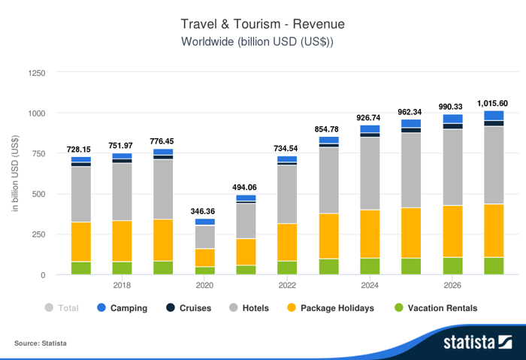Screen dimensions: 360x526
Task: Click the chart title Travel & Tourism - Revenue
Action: click(x=262, y=24)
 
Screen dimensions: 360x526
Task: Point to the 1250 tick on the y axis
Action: click(x=36, y=73)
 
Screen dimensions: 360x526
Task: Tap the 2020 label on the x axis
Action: click(x=204, y=286)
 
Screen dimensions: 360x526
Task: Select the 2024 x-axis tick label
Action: click(x=370, y=286)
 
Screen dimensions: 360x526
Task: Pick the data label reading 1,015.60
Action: click(x=493, y=104)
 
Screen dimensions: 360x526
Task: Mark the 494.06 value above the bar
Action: click(x=246, y=188)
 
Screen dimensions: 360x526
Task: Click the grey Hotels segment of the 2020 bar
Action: click(x=204, y=237)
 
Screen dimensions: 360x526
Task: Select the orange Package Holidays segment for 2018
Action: click(x=122, y=241)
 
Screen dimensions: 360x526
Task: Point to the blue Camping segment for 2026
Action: click(x=452, y=118)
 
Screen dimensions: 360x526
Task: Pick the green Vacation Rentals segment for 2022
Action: click(x=287, y=267)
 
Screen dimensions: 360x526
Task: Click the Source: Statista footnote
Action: click(x=41, y=343)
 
